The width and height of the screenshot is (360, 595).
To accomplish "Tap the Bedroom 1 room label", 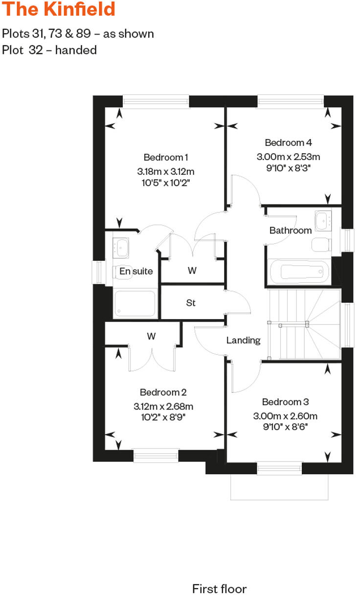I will click(166, 157).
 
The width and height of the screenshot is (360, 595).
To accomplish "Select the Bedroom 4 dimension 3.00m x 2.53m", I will click(288, 157).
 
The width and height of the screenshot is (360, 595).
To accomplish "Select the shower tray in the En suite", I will click(135, 304).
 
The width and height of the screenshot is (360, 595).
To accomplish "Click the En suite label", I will click(136, 271).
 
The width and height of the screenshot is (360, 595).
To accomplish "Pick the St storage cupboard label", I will click(191, 303).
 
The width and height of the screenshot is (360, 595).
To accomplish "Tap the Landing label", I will click(243, 340).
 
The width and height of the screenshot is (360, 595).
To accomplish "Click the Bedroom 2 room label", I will click(163, 392).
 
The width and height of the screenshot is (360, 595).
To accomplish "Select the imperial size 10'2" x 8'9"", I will click(163, 417).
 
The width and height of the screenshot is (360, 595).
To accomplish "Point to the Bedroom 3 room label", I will click(285, 402).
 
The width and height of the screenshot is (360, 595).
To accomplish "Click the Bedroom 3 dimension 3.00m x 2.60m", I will click(285, 416).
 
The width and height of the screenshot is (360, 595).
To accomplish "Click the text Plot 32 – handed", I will click(49, 50).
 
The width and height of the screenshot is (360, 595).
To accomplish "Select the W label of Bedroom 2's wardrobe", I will click(151, 336).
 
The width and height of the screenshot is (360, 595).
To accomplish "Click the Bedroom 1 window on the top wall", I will click(156, 102).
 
